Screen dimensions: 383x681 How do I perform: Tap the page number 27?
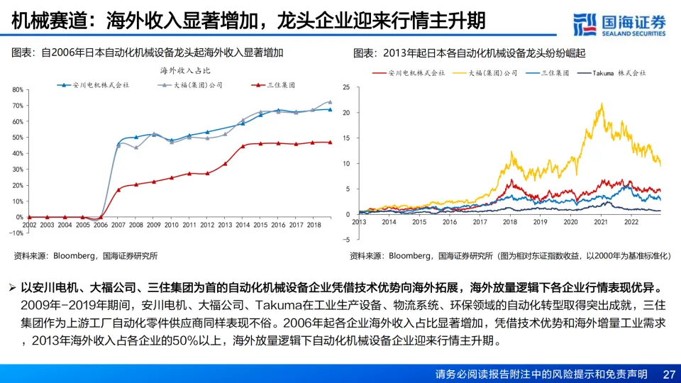click(668, 374)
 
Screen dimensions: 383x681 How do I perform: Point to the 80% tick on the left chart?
click(18, 90)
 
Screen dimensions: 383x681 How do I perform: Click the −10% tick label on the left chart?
click(16, 233)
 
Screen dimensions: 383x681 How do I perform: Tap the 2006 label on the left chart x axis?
click(100, 224)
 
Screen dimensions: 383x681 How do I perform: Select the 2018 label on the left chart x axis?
click(315, 224)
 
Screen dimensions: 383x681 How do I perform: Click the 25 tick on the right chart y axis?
click(346, 87)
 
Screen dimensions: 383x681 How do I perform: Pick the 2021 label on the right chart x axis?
click(601, 222)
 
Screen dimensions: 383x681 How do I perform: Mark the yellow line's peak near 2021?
click(602, 104)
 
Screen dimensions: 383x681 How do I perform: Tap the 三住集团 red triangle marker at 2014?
click(243, 146)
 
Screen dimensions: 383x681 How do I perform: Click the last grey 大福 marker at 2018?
click(329, 102)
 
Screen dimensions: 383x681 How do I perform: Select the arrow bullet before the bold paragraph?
click(12, 289)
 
